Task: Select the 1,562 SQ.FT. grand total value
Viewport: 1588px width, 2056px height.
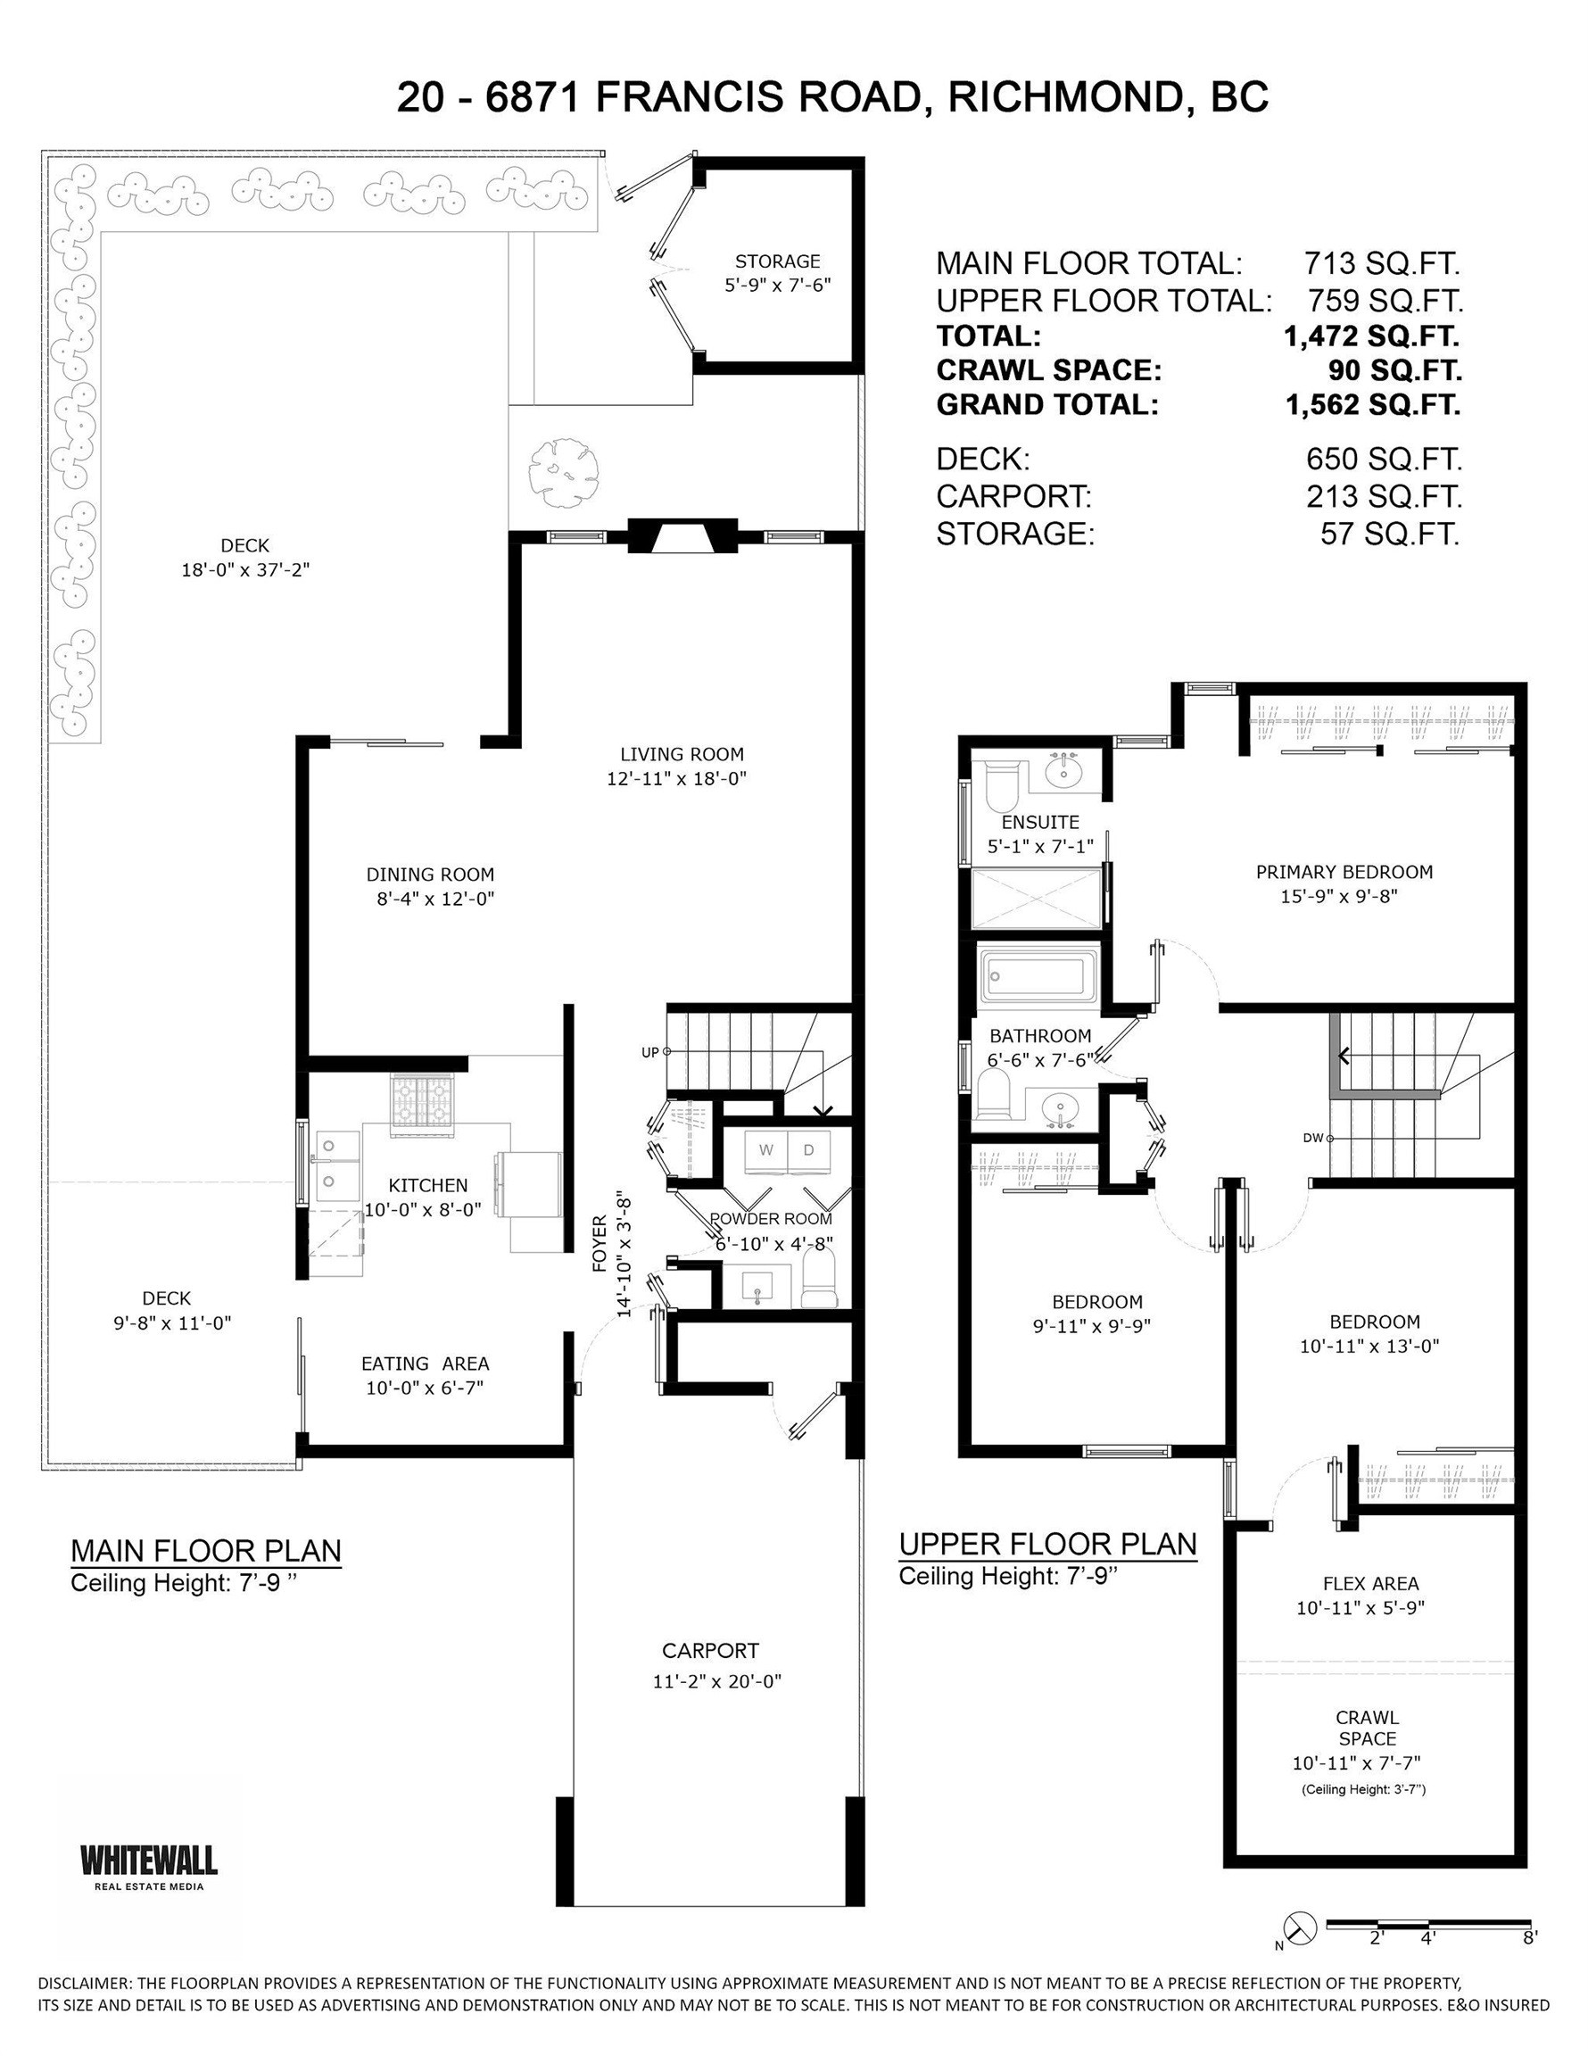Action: (1372, 405)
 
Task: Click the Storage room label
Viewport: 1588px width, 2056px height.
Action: (778, 261)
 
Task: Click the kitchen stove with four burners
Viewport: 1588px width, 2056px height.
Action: (422, 1101)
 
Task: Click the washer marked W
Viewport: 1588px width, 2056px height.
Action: (766, 1150)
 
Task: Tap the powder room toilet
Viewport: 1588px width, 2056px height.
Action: (819, 1283)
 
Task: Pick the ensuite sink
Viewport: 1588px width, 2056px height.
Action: (1064, 772)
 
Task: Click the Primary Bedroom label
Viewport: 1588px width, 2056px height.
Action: (1344, 872)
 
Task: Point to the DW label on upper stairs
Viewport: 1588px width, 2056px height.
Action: (1312, 1138)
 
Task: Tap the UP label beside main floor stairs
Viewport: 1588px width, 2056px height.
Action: (649, 1052)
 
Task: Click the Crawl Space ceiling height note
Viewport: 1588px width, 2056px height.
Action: (1363, 1789)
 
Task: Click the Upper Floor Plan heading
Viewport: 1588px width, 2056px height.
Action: (1046, 1544)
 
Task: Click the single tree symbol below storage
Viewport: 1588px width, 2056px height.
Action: (564, 468)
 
